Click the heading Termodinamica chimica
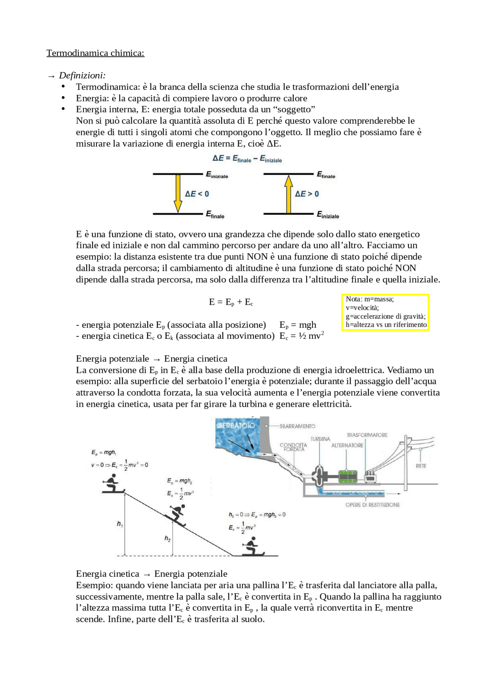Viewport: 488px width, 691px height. (95, 53)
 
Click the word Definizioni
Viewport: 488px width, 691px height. (82, 76)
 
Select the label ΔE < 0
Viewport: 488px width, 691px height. (197, 194)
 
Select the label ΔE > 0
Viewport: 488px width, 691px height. (307, 194)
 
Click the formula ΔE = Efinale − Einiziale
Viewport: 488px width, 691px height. (247, 159)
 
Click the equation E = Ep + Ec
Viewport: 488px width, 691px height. (231, 302)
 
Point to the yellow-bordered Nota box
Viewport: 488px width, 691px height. (385, 312)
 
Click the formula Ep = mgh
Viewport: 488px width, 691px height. (298, 325)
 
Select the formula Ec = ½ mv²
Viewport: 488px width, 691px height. (302, 336)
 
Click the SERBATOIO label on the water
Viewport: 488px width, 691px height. (236, 425)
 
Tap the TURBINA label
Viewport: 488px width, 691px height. (320, 439)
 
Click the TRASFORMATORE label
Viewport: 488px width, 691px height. (367, 435)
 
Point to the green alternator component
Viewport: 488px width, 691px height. (348, 477)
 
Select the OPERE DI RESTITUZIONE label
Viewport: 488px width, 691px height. (372, 505)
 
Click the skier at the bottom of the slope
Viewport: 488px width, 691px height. (252, 546)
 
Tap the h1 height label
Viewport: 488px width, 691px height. (120, 524)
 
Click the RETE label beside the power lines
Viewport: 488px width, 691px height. (421, 466)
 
